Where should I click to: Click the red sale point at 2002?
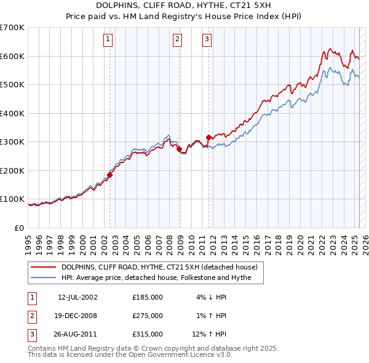[x=109, y=175]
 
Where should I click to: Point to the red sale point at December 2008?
[x=179, y=149]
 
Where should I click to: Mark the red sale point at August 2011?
[x=208, y=137]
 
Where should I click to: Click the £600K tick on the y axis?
[x=12, y=56]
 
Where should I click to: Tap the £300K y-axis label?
[x=12, y=142]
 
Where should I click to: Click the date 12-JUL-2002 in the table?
[x=77, y=297]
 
